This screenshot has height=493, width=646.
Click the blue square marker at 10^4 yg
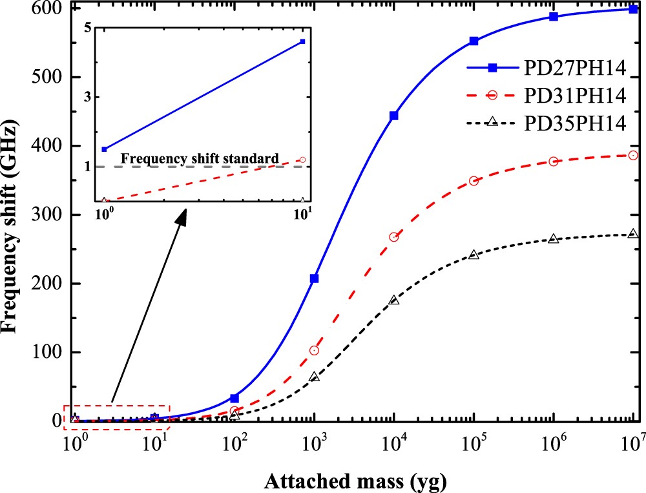394,116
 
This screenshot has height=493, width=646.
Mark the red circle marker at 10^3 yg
315,350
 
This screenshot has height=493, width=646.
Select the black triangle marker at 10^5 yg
474,255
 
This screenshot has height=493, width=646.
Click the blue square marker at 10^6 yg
554,16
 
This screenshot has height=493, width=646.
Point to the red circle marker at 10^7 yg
633,155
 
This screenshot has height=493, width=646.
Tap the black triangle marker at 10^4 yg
394,300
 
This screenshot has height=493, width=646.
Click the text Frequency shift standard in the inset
200,158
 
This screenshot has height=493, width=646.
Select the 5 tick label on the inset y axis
90,28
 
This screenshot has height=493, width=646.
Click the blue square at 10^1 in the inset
302,41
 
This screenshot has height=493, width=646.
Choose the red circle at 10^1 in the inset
302,160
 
